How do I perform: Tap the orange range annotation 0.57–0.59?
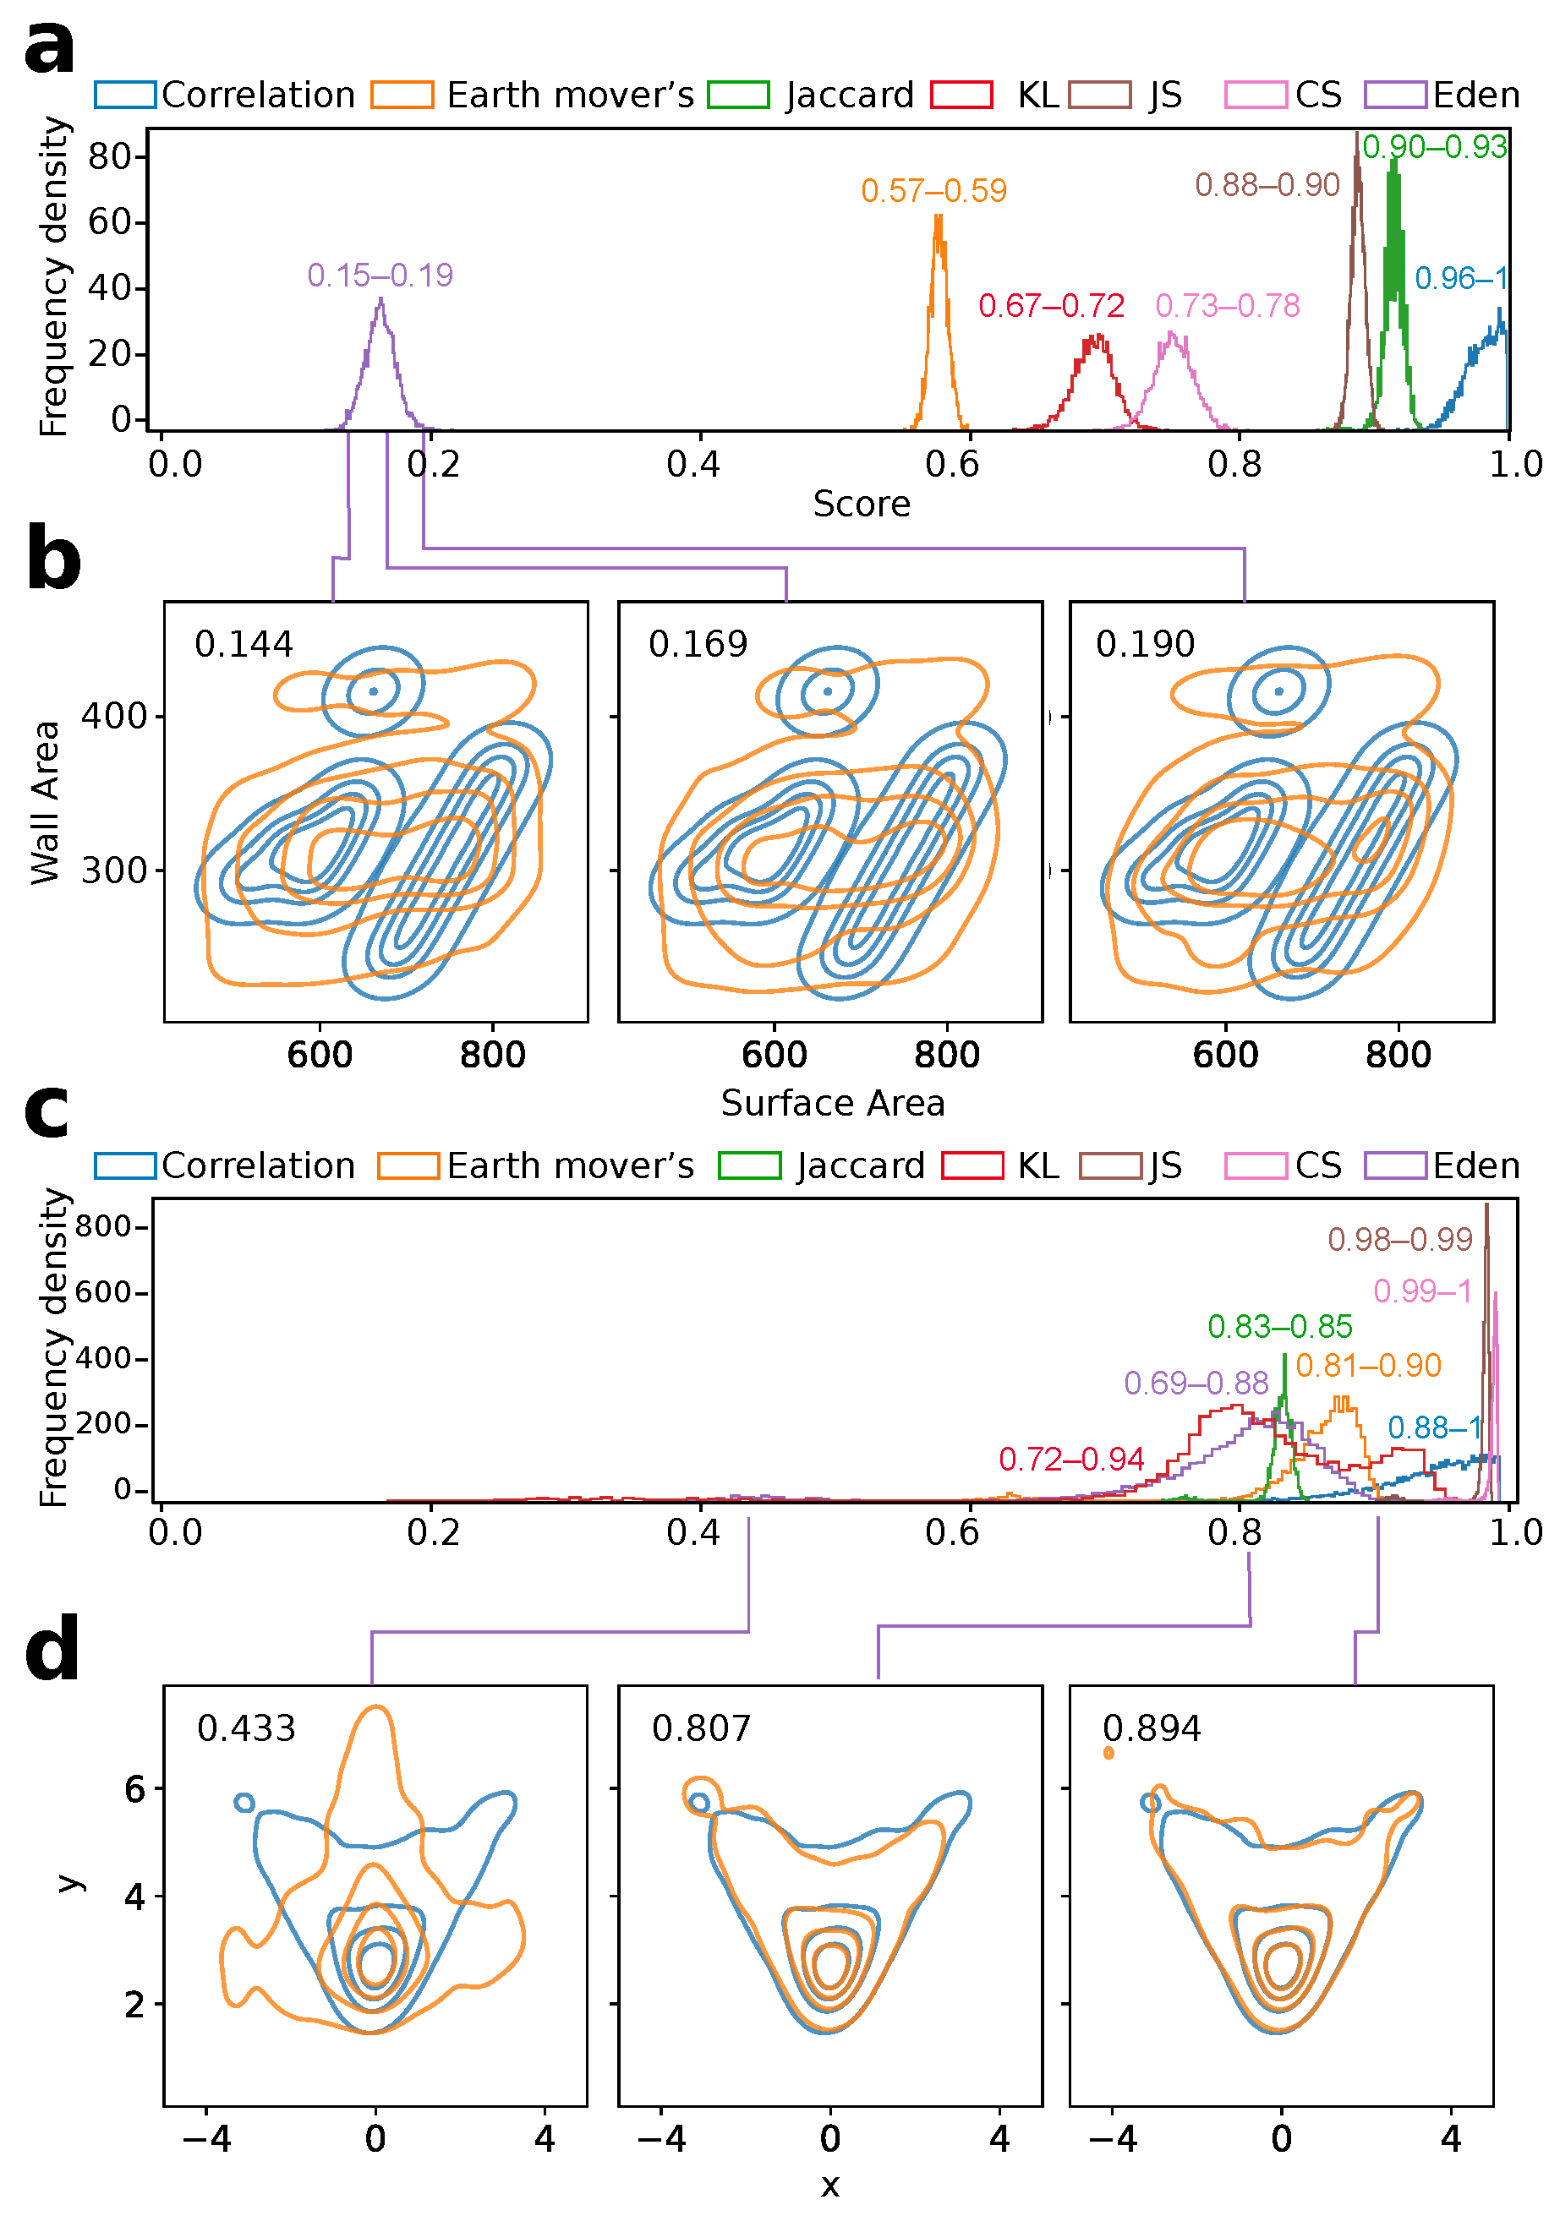tap(933, 191)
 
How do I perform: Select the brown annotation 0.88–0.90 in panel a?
tap(1267, 184)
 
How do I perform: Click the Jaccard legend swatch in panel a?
tap(738, 95)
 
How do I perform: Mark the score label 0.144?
tap(244, 644)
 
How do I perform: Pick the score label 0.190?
tap(1145, 644)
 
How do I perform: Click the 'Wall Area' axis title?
tap(46, 802)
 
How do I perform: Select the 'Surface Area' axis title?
tap(833, 1103)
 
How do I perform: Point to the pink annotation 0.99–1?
tap(1422, 1291)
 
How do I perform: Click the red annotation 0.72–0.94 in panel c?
tap(1071, 1460)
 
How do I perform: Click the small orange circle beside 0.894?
tap(1108, 1753)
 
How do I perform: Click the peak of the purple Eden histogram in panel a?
tap(381, 298)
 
